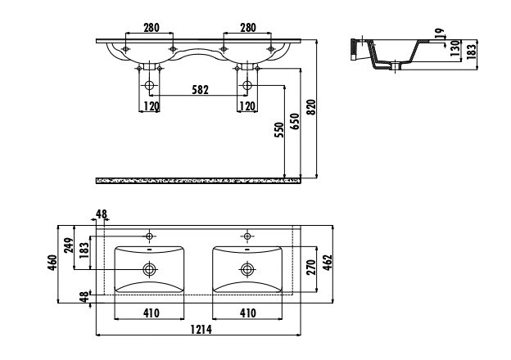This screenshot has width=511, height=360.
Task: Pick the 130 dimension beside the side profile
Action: [x=453, y=51]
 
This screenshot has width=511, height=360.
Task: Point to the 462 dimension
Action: [x=326, y=263]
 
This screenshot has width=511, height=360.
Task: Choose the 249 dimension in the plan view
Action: [x=70, y=246]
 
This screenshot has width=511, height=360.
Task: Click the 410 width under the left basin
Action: [x=149, y=312]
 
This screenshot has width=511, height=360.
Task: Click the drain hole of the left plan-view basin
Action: [x=149, y=268]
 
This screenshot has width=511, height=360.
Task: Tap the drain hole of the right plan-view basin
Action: [x=246, y=268]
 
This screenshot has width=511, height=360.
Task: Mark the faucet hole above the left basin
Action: [x=149, y=236]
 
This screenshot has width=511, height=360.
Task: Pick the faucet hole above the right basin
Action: [x=246, y=236]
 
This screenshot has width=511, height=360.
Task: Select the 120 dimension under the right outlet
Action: [x=246, y=106]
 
